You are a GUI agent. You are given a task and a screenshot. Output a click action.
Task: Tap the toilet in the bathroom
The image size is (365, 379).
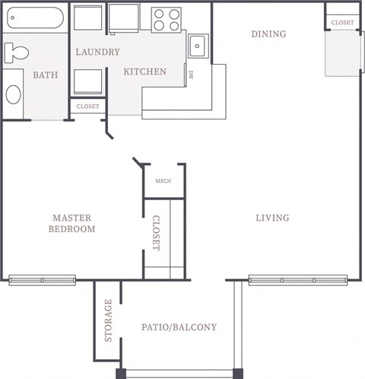point(15,53)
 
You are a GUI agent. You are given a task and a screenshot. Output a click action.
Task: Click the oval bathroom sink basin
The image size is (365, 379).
point(14,94)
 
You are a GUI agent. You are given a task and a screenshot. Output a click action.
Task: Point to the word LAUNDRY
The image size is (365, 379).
point(97,52)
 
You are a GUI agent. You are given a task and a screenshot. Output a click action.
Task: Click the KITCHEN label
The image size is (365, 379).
point(144,72)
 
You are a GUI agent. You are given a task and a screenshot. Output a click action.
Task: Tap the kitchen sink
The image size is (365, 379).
point(198,46)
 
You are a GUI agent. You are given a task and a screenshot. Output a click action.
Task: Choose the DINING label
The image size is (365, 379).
point(268,33)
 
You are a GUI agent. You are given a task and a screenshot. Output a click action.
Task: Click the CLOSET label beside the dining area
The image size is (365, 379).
point(342,23)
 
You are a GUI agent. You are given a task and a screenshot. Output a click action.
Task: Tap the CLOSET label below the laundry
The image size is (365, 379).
point(87,107)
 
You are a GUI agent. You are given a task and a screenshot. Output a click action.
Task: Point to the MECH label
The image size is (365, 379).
point(163,180)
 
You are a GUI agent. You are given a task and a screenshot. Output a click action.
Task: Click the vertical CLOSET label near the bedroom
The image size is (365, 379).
point(156,233)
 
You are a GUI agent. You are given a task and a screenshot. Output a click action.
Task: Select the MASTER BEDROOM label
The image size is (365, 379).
point(72,223)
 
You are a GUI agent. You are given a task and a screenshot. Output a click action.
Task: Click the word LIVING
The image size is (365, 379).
point(272,218)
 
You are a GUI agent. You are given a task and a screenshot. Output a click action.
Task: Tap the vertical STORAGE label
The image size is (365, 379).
point(108,320)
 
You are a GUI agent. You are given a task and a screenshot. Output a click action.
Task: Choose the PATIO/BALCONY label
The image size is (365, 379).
point(179,327)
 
